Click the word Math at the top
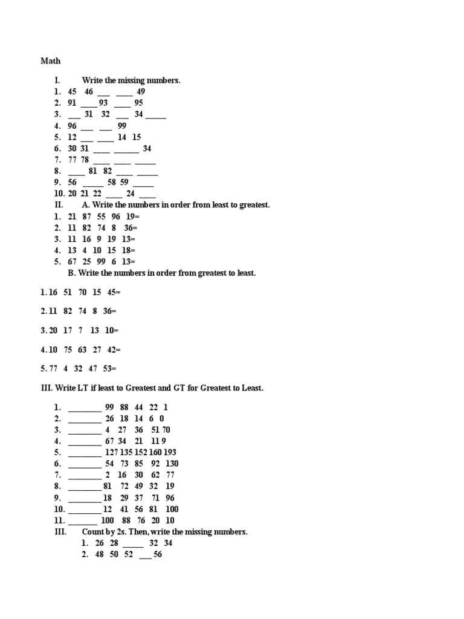pyautogui.click(x=51, y=61)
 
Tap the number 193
pyautogui.click(x=169, y=452)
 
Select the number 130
pyautogui.click(x=172, y=464)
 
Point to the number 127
pyautogui.click(x=112, y=452)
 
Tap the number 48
pyautogui.click(x=100, y=555)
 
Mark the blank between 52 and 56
pyautogui.click(x=145, y=555)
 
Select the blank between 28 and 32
pyautogui.click(x=133, y=543)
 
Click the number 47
pyautogui.click(x=93, y=369)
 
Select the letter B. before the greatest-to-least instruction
pyautogui.click(x=71, y=273)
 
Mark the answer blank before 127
pyautogui.click(x=85, y=453)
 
